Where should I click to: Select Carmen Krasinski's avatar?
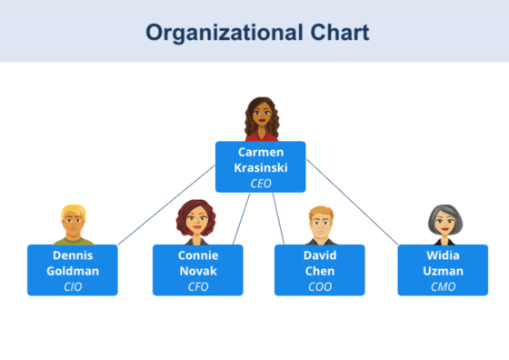tap(261, 119)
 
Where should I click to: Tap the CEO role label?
tap(261, 183)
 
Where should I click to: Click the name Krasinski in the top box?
tap(261, 168)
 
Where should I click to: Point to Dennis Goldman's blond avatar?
tap(73, 225)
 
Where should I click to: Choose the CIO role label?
tap(73, 286)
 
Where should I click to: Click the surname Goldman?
tap(73, 271)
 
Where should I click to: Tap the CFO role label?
tap(197, 286)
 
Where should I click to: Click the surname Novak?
tap(197, 271)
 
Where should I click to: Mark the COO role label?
tap(320, 286)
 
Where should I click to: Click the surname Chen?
tap(320, 271)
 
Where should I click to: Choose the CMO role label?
tap(444, 286)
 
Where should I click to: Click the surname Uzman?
tap(444, 271)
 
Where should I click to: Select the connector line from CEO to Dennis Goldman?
tap(167, 205)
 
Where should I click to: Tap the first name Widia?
tap(444, 255)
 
